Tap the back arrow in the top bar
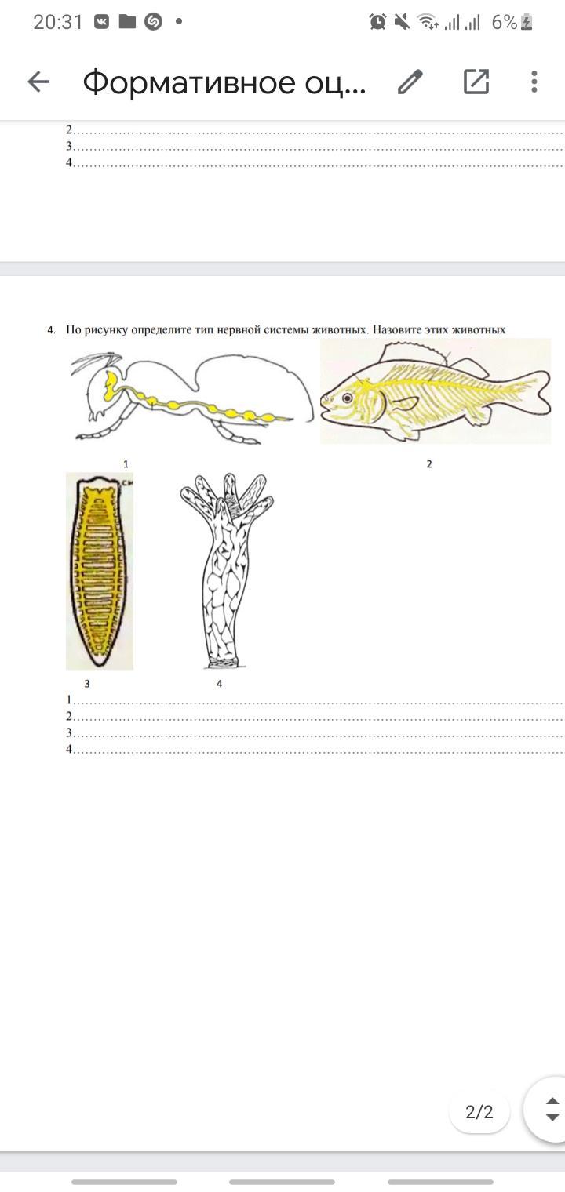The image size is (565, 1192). pos(39,82)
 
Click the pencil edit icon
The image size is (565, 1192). pos(410,82)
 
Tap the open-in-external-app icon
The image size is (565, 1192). pos(476,82)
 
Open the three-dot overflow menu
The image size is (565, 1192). pos(534,82)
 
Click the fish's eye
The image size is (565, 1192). pos(348,398)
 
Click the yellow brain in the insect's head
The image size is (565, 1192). pos(111,385)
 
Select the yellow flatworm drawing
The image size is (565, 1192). pos(100,570)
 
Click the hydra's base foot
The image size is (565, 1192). pos(225,663)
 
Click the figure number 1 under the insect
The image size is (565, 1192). pos(126,464)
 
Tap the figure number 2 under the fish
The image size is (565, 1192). pos(429,464)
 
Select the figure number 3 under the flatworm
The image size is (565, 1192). pos(87,684)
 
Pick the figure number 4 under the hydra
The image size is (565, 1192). pos(220,684)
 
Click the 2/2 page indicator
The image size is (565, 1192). pos(479,1112)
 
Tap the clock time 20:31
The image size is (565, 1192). pos(58,22)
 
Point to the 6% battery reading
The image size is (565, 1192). pos(505,22)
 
